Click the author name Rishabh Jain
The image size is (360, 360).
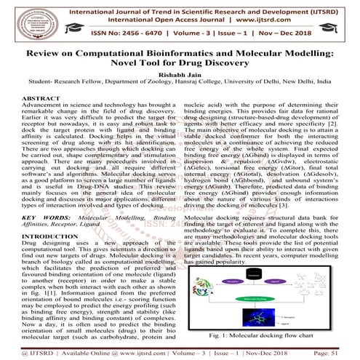180,76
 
